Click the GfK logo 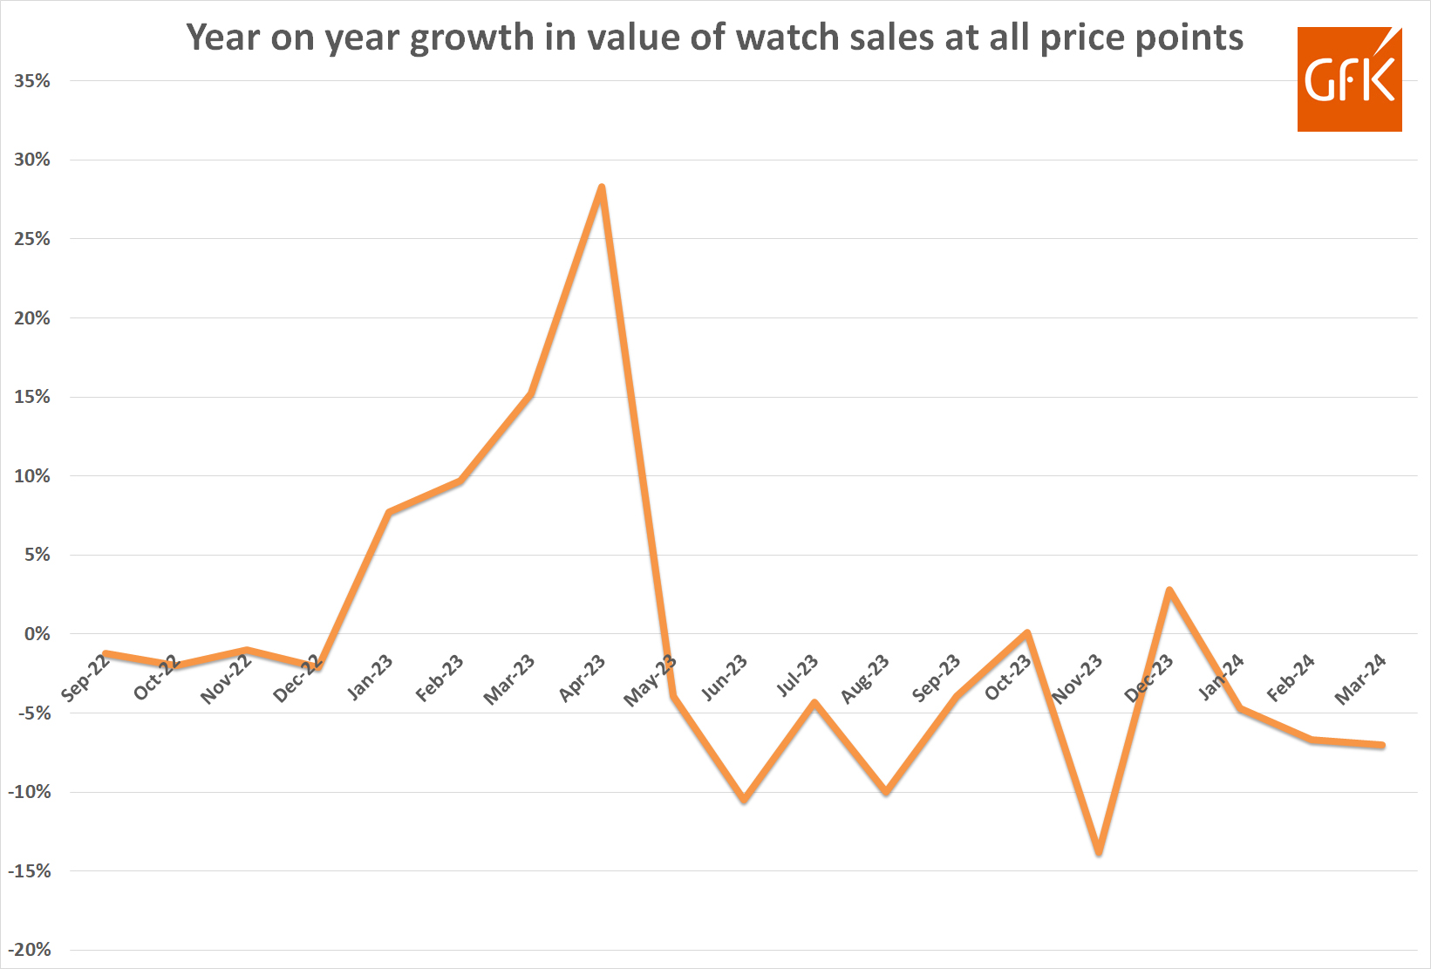(1349, 79)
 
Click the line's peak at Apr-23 (602, 188)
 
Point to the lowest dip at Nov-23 (1099, 852)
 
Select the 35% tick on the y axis (32, 81)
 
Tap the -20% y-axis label (30, 950)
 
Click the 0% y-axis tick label (37, 634)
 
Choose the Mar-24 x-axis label (1360, 680)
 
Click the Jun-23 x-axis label (725, 679)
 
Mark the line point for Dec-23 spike (1169, 590)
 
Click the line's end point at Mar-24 (1382, 745)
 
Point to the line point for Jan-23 (389, 512)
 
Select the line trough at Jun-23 (744, 799)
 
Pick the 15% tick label (32, 397)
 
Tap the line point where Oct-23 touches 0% (1027, 633)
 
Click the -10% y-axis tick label (30, 792)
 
